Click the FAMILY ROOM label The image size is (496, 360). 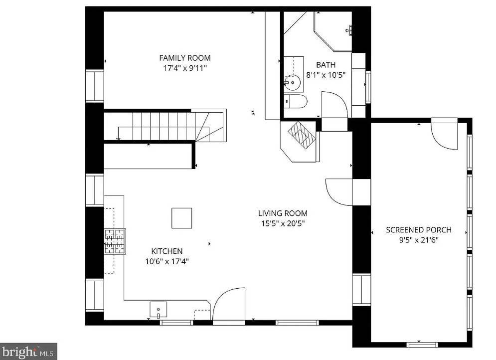click(x=185, y=58)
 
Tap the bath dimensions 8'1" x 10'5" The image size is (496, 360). click(x=326, y=75)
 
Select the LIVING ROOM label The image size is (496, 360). click(x=283, y=213)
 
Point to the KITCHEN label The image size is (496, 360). click(x=166, y=251)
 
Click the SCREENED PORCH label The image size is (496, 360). click(x=419, y=230)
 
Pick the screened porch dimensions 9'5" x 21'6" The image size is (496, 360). click(x=419, y=240)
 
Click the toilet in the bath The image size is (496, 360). click(x=295, y=102)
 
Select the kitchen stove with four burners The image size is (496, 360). click(x=115, y=241)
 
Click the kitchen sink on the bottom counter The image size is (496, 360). click(x=158, y=309)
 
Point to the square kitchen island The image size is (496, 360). click(x=181, y=218)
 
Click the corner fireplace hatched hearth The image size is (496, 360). click(x=302, y=135)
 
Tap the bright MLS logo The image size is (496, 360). click(x=28, y=352)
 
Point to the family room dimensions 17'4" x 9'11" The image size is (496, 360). click(x=185, y=68)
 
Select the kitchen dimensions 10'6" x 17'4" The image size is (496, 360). click(x=166, y=261)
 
